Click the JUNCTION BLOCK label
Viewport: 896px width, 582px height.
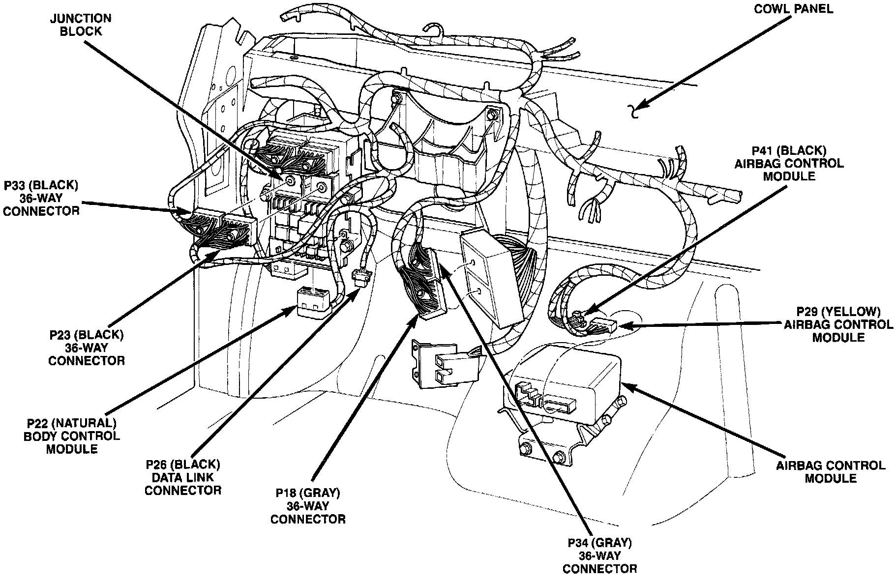(x=81, y=25)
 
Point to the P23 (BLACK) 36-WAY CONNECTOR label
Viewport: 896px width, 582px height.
(x=87, y=348)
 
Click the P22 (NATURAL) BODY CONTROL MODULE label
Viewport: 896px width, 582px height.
(x=71, y=436)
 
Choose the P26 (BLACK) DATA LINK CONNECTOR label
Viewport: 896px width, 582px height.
(x=183, y=477)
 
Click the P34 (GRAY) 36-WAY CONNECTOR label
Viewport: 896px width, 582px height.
(x=599, y=555)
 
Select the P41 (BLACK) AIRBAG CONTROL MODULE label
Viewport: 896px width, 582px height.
(x=789, y=163)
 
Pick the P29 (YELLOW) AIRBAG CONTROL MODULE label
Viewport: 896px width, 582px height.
(x=838, y=324)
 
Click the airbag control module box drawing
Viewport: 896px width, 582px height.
(x=566, y=388)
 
